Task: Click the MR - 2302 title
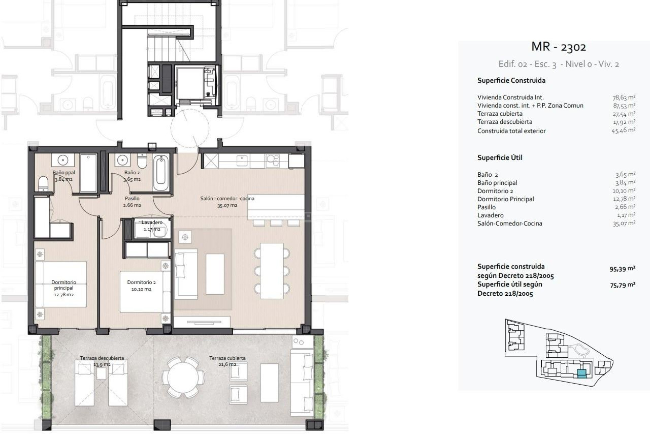click(558, 47)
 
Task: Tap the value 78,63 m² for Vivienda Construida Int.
click(624, 98)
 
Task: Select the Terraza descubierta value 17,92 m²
click(624, 122)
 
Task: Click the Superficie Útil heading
click(500, 158)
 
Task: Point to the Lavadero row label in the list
click(490, 215)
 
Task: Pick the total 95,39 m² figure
click(622, 269)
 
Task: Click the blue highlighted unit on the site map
click(581, 374)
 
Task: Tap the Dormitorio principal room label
click(64, 288)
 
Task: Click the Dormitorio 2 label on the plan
click(142, 285)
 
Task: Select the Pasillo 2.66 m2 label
click(132, 202)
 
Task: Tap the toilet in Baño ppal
click(43, 184)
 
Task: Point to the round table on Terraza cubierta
click(183, 377)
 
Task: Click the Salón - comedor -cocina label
click(227, 202)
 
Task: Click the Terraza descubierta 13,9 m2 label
click(102, 361)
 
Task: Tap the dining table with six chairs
click(272, 271)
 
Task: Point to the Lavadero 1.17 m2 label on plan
click(152, 225)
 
